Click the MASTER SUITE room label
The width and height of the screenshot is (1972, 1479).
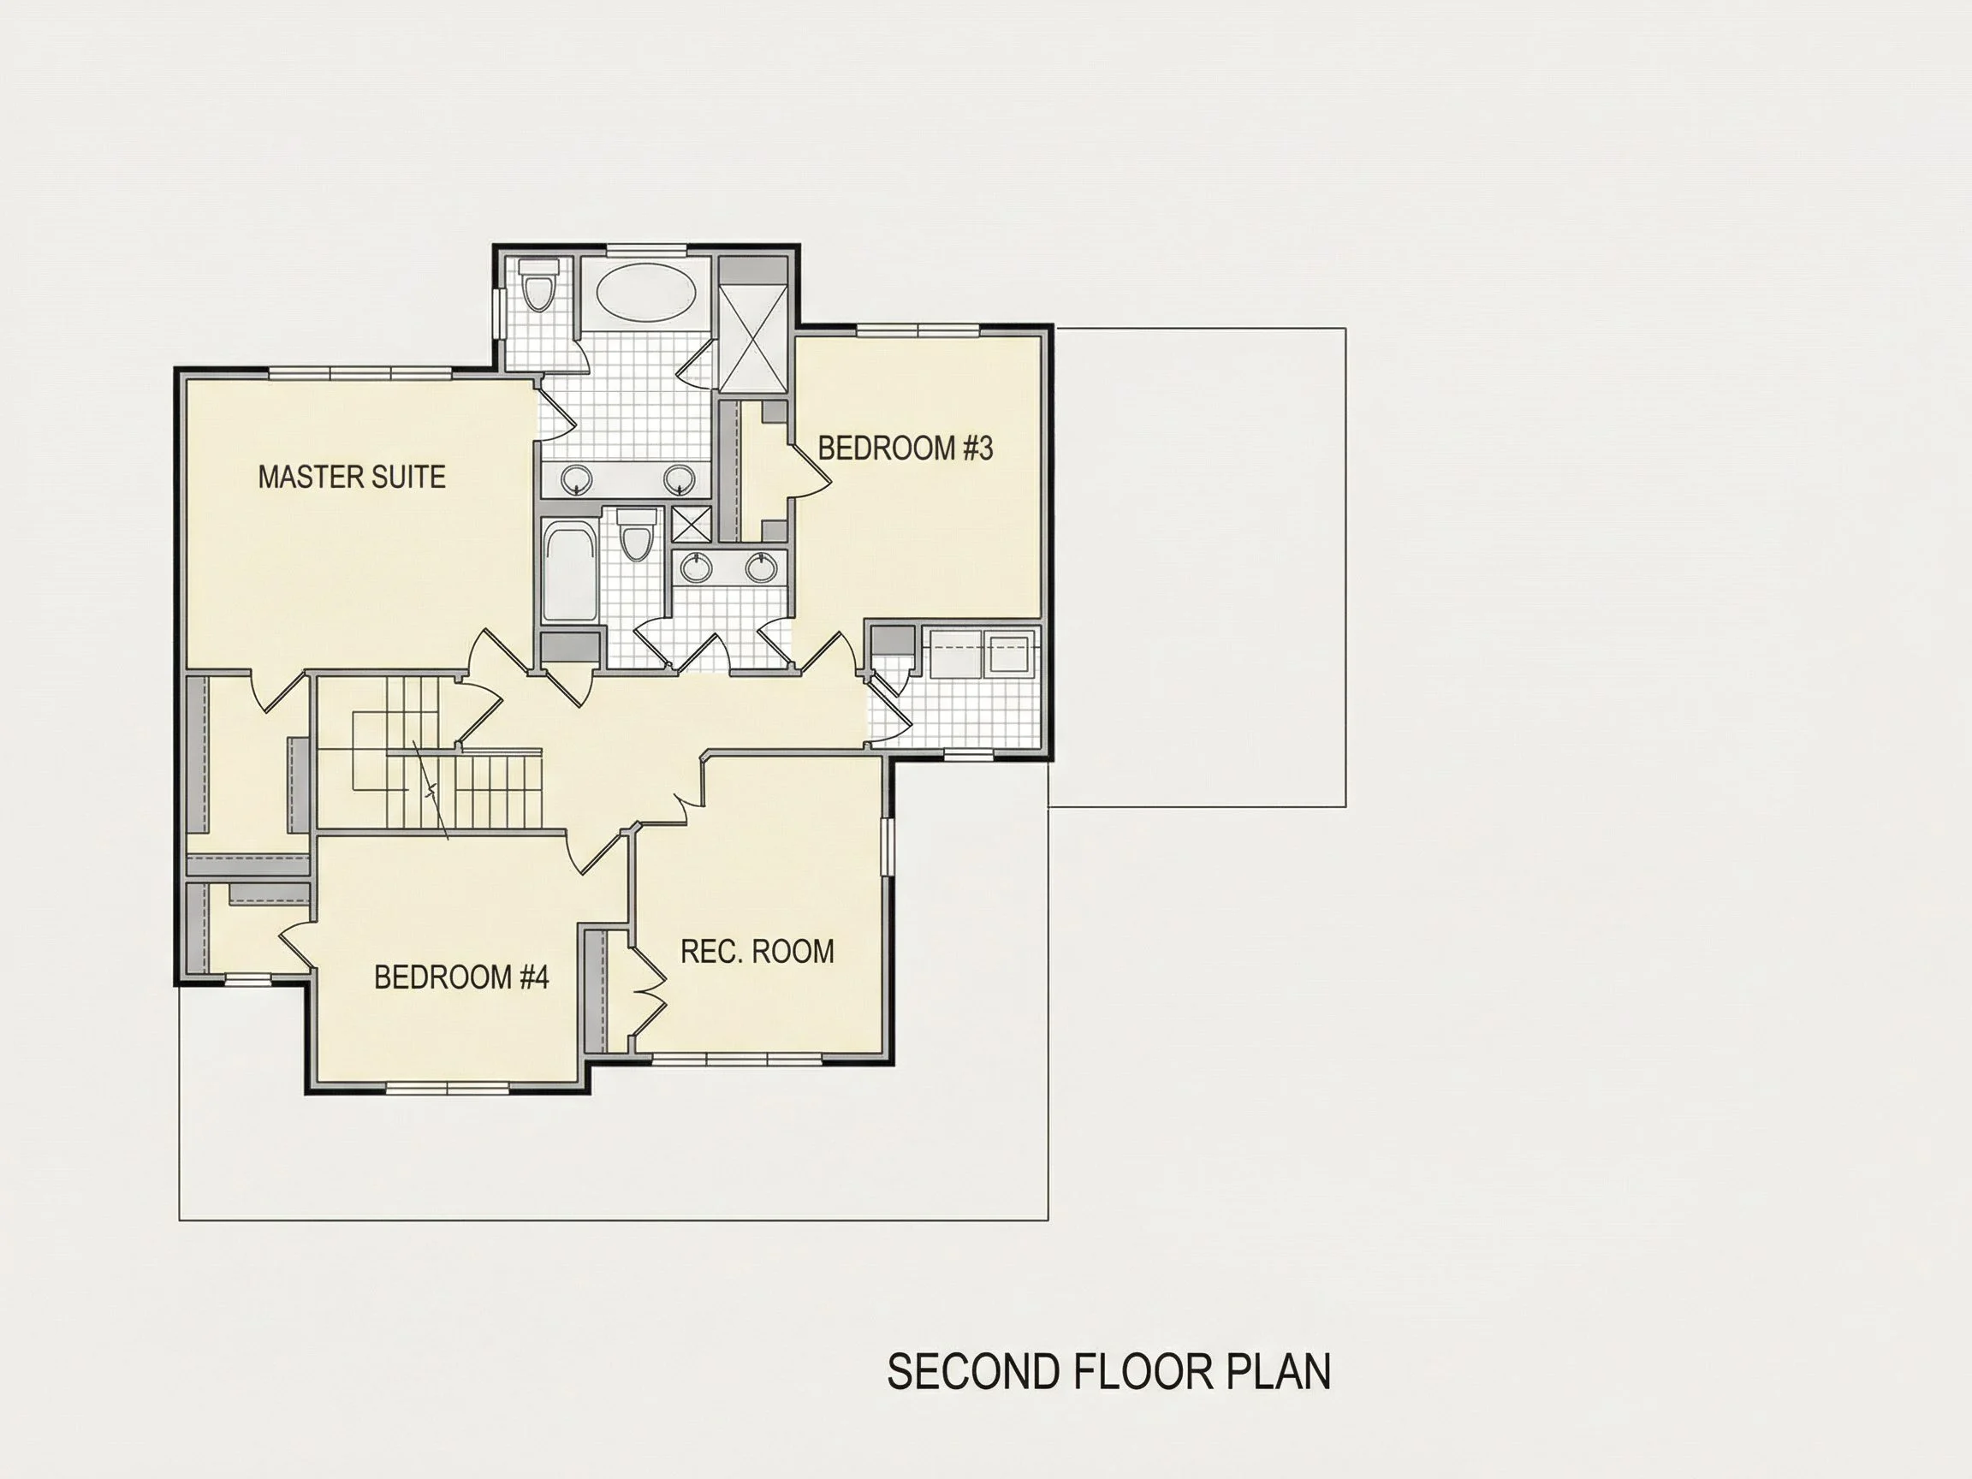(x=352, y=477)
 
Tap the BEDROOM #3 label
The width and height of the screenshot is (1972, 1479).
(x=905, y=448)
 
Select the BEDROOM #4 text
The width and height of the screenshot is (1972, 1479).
(x=461, y=977)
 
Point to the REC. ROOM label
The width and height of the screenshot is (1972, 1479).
(x=757, y=951)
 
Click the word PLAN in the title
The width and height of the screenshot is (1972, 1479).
(x=1279, y=1372)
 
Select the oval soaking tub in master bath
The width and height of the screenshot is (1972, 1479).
(x=647, y=294)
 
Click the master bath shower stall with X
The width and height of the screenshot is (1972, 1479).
(x=753, y=338)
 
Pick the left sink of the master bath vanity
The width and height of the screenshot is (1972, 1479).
(x=577, y=478)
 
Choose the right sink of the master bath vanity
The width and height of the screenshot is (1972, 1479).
(x=680, y=478)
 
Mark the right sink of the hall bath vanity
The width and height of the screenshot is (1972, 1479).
(x=760, y=566)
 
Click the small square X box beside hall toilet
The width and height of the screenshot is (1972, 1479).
(x=690, y=524)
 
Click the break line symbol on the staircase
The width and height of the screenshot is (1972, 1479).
(x=431, y=789)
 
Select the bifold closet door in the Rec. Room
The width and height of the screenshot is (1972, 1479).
(x=648, y=991)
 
